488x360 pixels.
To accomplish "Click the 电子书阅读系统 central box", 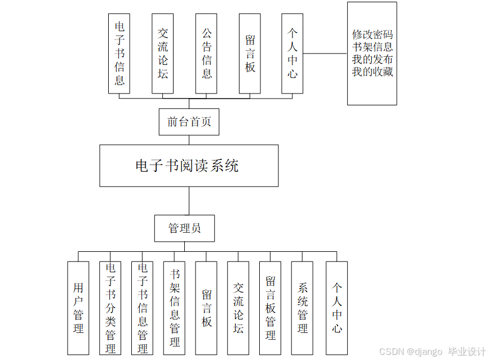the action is tap(189, 166).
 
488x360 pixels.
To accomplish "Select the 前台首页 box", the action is tap(189, 122).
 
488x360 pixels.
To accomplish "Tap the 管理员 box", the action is tap(184, 228).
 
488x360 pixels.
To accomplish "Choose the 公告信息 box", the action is tap(206, 54).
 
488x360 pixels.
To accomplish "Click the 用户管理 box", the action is tap(78, 308).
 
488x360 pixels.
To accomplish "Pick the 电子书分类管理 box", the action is tap(110, 308).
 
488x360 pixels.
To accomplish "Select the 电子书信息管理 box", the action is tap(142, 308).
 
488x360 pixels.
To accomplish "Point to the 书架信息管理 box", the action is tap(174, 308).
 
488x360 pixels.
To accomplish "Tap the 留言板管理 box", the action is tap(270, 308).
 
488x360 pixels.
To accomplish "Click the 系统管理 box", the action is tap(302, 308).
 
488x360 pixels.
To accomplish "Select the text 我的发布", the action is tap(372, 60).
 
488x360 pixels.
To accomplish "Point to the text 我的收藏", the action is tap(372, 72).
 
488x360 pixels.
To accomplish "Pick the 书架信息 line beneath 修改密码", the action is tap(372, 47).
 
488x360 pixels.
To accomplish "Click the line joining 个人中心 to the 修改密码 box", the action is tap(325, 54).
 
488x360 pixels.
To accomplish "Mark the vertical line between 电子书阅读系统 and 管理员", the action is tap(189, 201).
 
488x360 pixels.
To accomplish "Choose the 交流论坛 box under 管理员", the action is tap(238, 308).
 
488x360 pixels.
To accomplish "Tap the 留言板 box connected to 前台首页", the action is tap(250, 54).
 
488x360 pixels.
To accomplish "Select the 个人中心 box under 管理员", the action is tap(336, 308).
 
